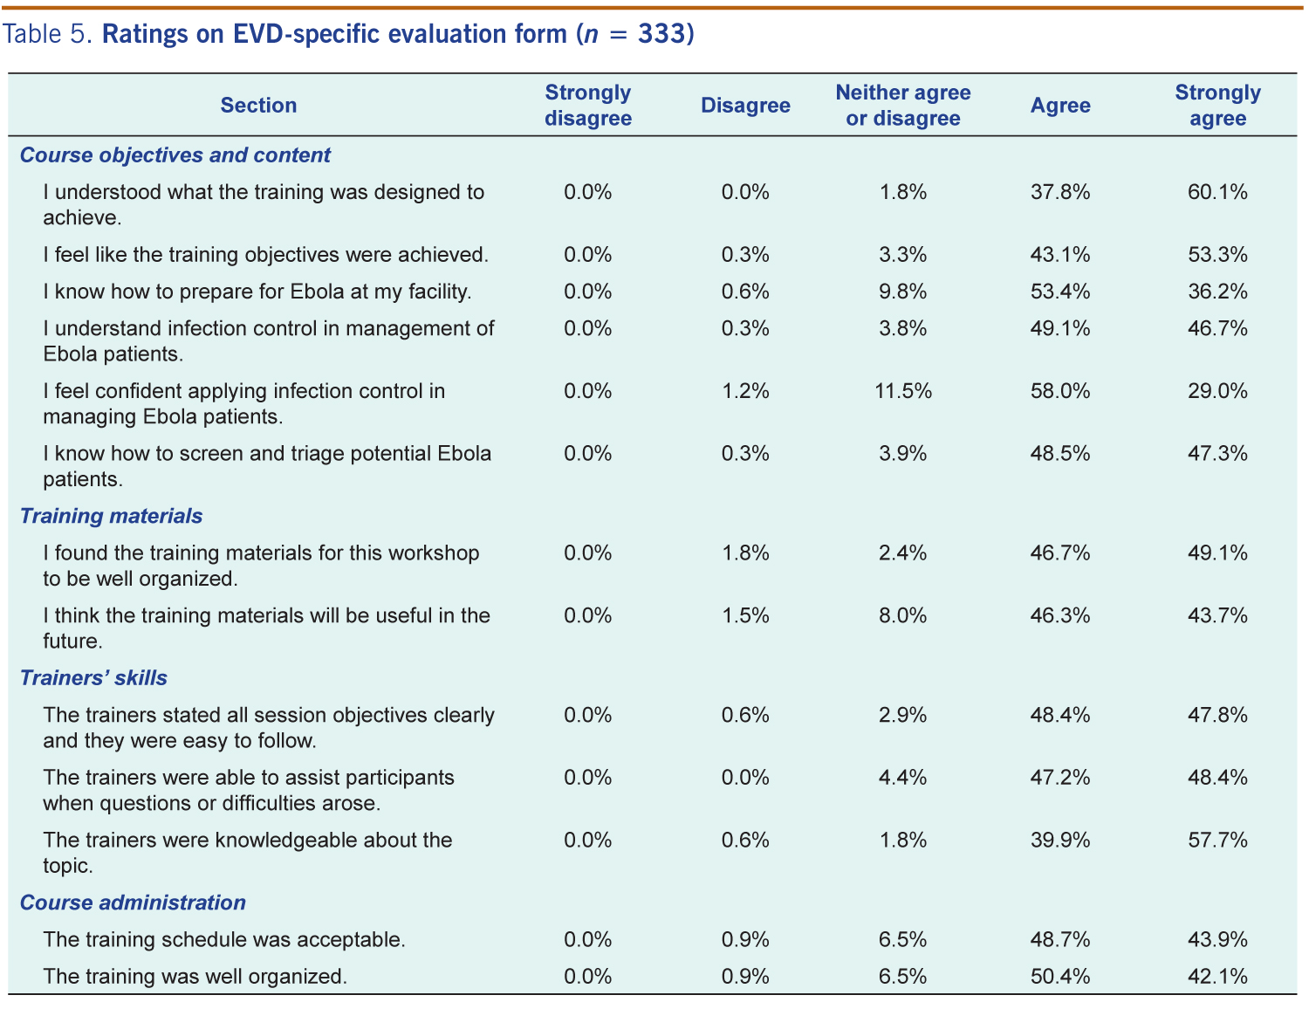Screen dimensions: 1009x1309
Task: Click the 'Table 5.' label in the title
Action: [47, 34]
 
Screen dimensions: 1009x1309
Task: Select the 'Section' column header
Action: [258, 106]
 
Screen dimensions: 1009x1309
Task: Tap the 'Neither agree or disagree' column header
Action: [902, 106]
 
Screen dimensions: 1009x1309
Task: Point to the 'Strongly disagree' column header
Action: [587, 106]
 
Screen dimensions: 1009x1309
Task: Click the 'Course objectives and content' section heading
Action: [175, 155]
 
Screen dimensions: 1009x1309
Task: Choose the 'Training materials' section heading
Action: [111, 517]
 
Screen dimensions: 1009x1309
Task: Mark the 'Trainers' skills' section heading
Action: [93, 678]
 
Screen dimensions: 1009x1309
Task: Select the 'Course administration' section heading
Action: [133, 903]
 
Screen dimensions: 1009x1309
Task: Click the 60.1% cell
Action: [1217, 192]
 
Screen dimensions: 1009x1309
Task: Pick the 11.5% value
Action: [902, 391]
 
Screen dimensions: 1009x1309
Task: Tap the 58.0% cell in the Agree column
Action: [1060, 391]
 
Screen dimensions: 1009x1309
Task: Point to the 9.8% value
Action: [902, 292]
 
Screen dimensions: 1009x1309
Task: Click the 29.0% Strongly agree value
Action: [1217, 391]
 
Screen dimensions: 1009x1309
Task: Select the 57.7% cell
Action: [1217, 841]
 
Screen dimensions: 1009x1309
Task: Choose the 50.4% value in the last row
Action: [1060, 977]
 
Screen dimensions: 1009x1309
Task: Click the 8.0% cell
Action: [902, 616]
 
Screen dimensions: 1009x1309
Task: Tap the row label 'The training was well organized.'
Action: [195, 977]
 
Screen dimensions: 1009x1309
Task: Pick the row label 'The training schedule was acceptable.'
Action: [223, 940]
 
